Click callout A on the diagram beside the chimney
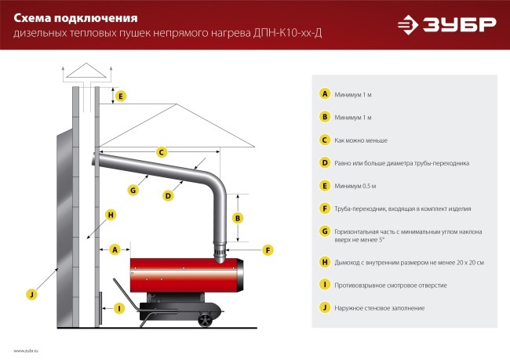click(115, 249)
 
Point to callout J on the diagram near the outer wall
click(31, 294)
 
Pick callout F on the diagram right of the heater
click(268, 250)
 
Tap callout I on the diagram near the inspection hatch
click(118, 308)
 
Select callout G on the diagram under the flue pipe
click(133, 189)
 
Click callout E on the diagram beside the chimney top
click(120, 96)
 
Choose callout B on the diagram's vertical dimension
click(238, 217)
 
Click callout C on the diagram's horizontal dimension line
click(161, 152)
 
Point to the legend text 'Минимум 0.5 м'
click(355, 186)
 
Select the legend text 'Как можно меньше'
click(362, 140)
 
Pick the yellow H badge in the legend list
click(324, 262)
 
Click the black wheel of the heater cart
click(206, 319)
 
